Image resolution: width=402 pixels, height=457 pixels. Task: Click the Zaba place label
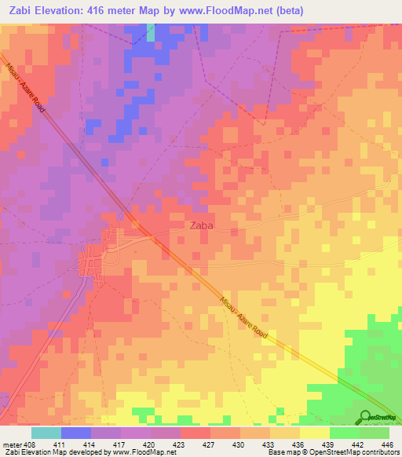tap(202, 225)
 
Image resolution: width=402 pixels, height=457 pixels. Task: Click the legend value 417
tap(120, 444)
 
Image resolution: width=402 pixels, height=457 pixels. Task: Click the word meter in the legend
tap(11, 444)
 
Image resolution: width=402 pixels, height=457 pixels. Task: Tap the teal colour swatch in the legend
tap(46, 433)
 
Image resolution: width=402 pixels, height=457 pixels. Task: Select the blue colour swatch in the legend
tap(75, 433)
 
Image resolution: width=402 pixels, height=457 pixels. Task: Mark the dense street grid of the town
tap(93, 259)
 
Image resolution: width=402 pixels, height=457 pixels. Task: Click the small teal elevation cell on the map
tap(150, 31)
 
